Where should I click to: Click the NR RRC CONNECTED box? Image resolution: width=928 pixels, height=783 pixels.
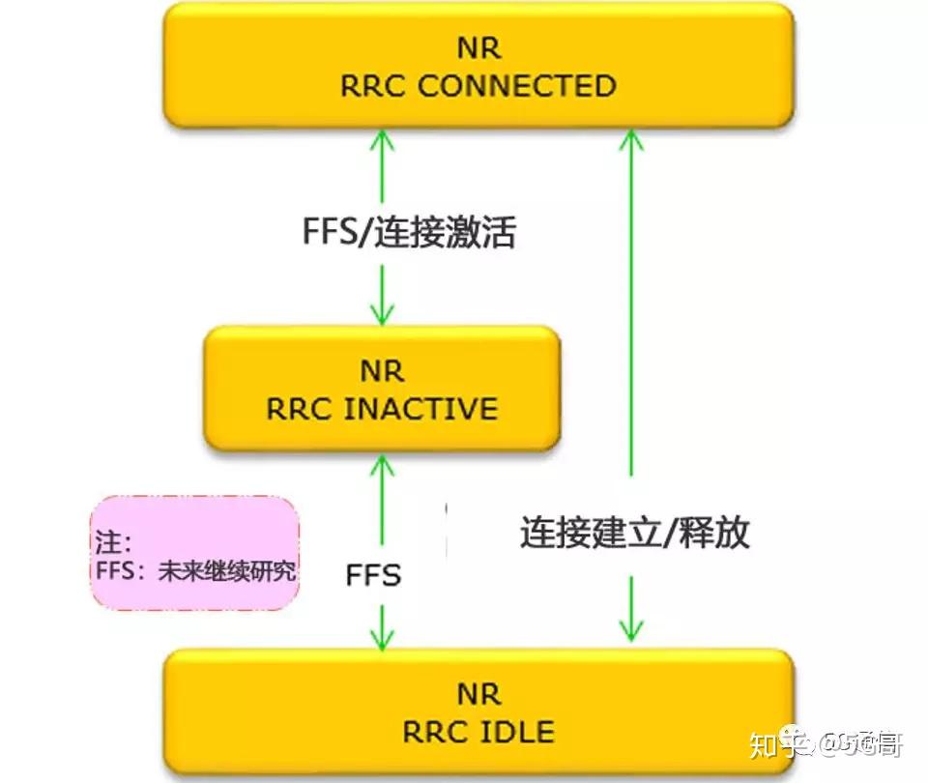[x=478, y=66]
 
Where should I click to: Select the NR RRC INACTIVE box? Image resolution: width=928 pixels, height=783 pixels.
[x=382, y=389]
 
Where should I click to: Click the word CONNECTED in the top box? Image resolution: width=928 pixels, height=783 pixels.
[x=517, y=85]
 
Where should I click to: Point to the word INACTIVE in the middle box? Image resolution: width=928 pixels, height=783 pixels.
[x=420, y=408]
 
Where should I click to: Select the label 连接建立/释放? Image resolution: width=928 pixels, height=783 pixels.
[x=634, y=533]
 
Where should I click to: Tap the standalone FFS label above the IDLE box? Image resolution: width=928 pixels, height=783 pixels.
[x=373, y=576]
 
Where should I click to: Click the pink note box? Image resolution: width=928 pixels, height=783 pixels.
[x=195, y=553]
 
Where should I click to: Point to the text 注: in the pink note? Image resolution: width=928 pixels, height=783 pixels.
[x=114, y=539]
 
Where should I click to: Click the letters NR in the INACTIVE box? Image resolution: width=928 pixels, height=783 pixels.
[x=382, y=371]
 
